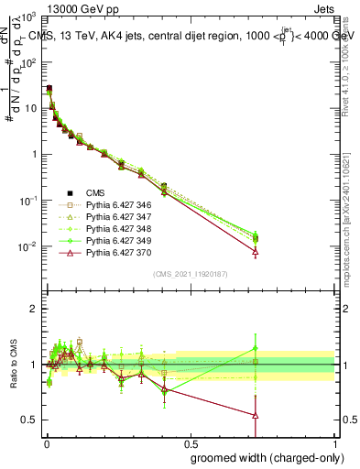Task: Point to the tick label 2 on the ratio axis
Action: click(34, 309)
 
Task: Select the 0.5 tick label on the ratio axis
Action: click(29, 420)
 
